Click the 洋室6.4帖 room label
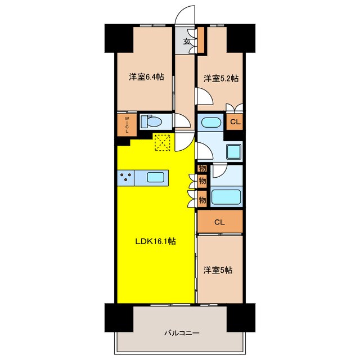pyautogui.click(x=146, y=78)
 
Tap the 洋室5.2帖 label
pyautogui.click(x=221, y=78)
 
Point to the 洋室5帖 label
pyautogui.click(x=218, y=270)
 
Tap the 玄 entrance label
pyautogui.click(x=187, y=41)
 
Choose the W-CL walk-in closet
pyautogui.click(x=127, y=124)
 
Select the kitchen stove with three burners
pyautogui.click(x=127, y=177)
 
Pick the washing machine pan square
pyautogui.click(x=233, y=151)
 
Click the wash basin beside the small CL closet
pyautogui.click(x=211, y=121)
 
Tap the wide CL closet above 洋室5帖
pyautogui.click(x=219, y=222)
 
